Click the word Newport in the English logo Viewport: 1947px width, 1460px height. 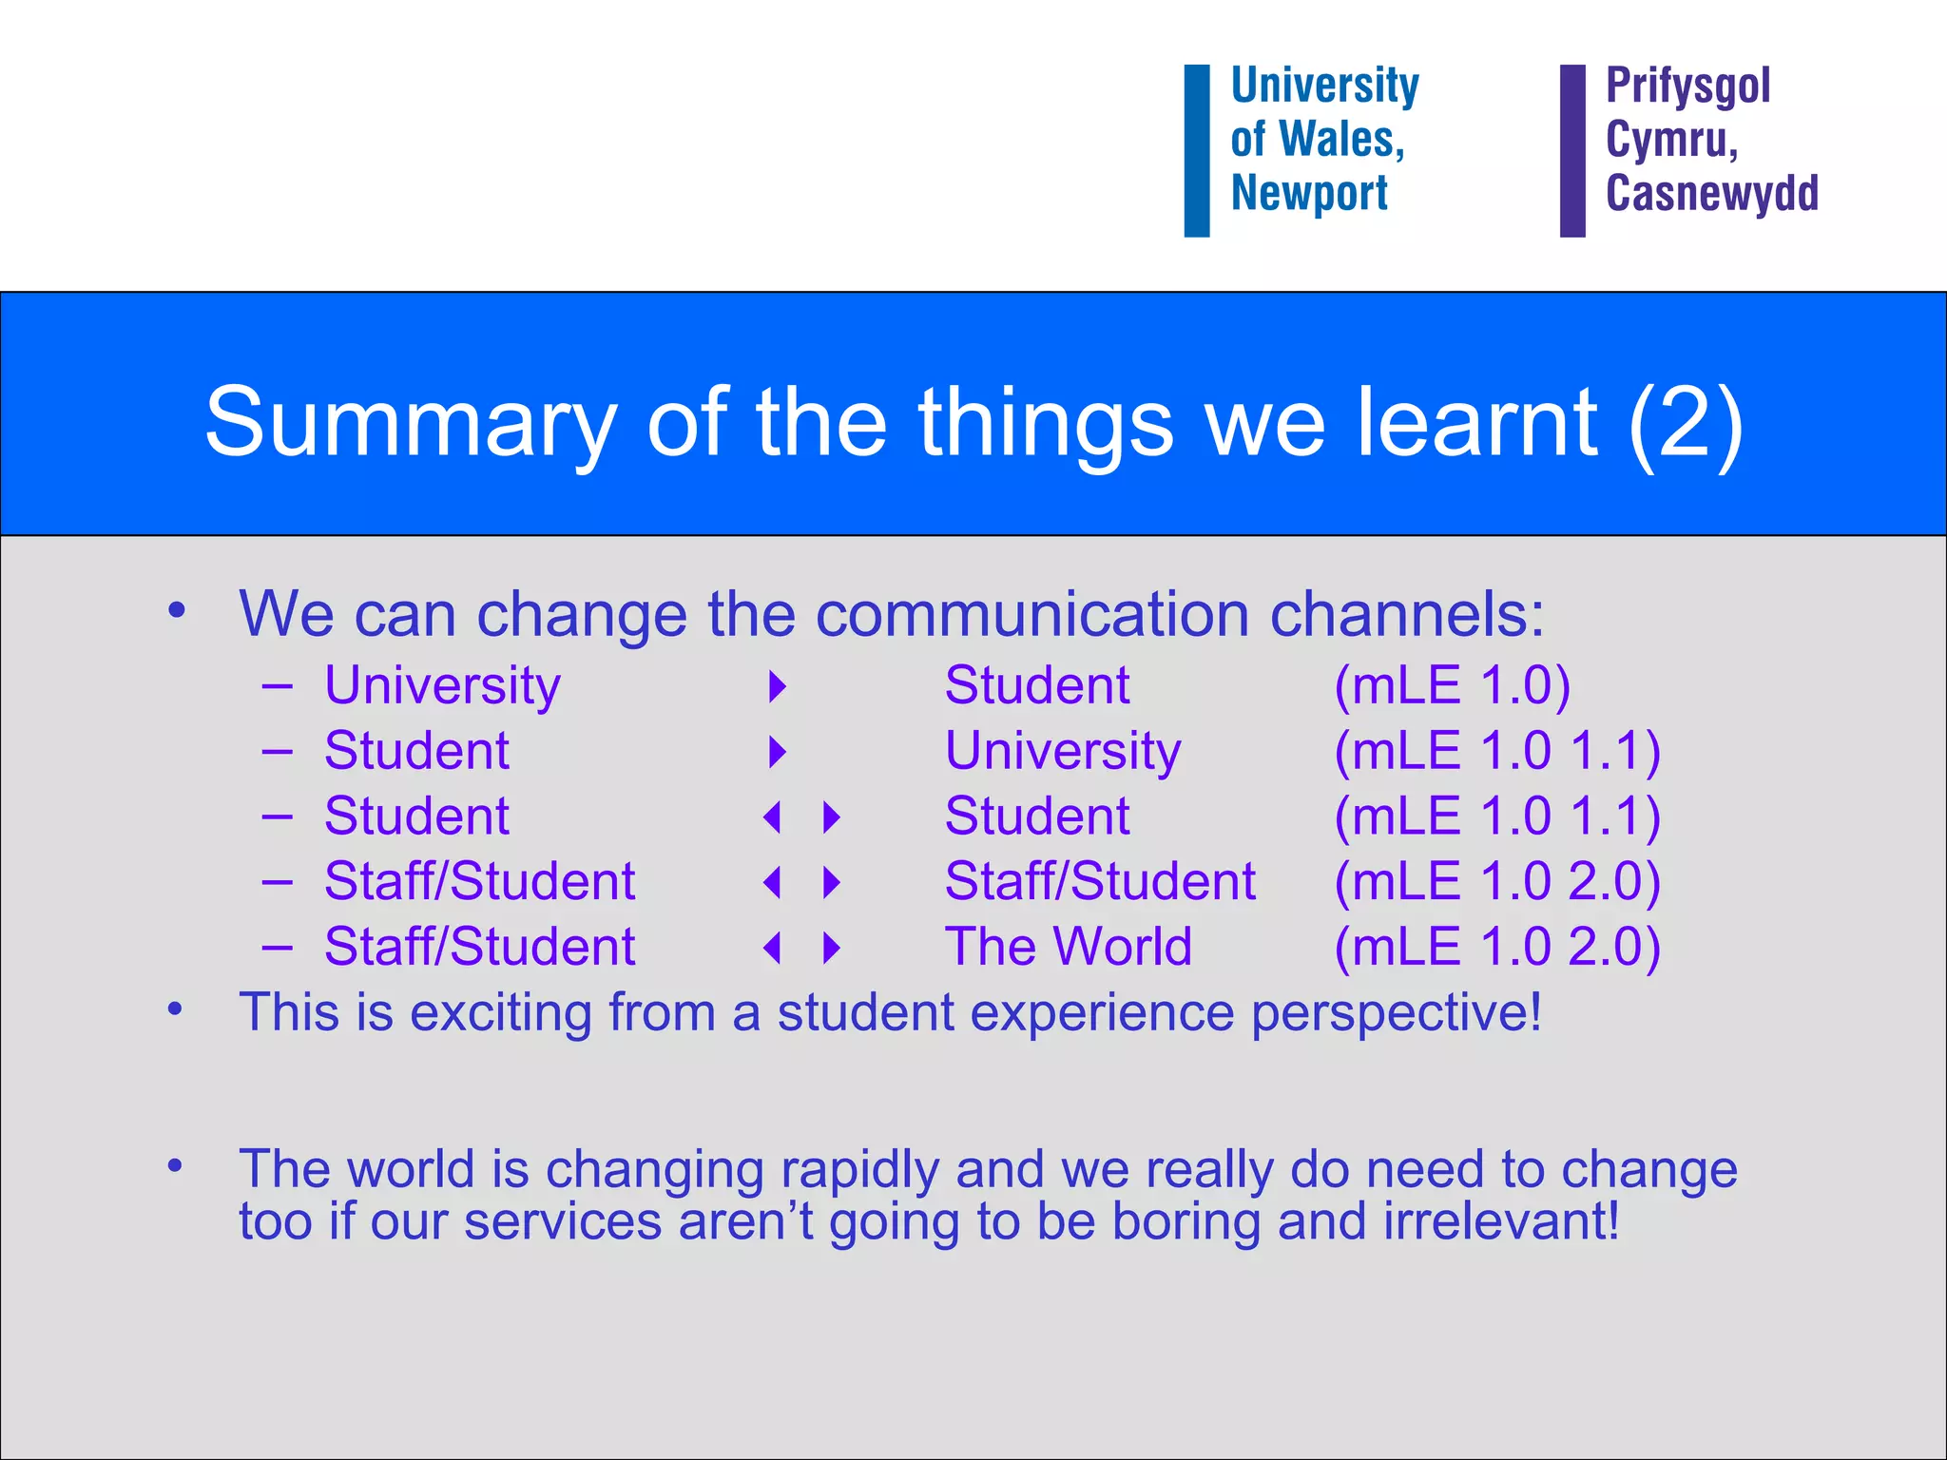click(x=1309, y=194)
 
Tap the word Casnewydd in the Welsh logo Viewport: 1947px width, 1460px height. click(x=1711, y=194)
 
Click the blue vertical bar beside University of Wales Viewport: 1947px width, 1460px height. click(x=1196, y=150)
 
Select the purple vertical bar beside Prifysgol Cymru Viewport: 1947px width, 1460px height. click(x=1572, y=150)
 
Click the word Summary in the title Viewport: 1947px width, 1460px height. click(x=411, y=423)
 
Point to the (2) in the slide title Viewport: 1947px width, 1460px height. click(x=1685, y=423)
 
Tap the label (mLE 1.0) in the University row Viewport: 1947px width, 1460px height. click(x=1452, y=685)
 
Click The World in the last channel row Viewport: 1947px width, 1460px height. click(x=1068, y=947)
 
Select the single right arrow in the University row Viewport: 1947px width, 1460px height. click(x=778, y=686)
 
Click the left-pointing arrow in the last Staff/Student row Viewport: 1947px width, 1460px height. click(x=772, y=948)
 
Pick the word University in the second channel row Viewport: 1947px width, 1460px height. click(x=1062, y=751)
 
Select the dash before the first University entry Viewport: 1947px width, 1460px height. click(x=277, y=686)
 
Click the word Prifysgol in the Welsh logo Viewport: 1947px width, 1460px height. click(x=1687, y=86)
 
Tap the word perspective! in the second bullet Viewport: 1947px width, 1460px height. click(x=1396, y=1012)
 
